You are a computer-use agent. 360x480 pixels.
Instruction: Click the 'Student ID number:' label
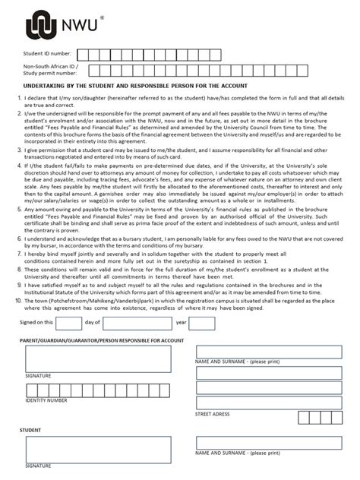[48, 54]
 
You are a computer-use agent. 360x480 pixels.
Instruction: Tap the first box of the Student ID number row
[84, 54]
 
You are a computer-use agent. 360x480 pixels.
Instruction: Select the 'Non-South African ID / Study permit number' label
[50, 71]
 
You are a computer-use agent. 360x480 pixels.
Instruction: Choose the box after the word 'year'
[201, 323]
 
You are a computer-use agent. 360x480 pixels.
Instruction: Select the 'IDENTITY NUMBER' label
[46, 399]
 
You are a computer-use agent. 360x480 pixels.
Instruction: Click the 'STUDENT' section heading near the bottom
[30, 430]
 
